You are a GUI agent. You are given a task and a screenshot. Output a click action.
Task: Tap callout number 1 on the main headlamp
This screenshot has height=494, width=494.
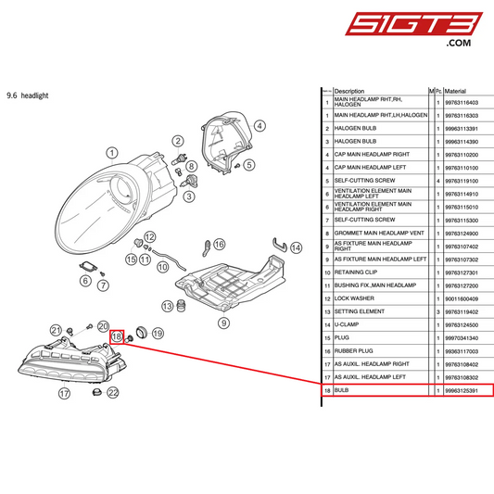coord(112,153)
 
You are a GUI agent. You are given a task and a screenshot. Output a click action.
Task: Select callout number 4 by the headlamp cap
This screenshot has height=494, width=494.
coord(260,125)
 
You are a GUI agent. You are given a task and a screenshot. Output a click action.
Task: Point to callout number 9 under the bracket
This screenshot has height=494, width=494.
coord(223,323)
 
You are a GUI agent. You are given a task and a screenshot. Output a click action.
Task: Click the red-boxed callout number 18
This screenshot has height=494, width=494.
coord(118,336)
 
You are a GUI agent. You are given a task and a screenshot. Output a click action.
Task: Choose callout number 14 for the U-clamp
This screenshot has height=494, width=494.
coord(297,247)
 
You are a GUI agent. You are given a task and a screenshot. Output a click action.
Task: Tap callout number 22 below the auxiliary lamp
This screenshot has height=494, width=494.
coord(113,393)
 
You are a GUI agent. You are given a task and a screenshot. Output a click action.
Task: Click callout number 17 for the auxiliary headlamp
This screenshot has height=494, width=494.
coord(65,393)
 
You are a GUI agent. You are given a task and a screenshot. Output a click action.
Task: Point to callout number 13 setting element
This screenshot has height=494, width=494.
coord(168,306)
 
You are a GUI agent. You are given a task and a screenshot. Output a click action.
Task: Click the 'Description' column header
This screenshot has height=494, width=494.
coord(349,91)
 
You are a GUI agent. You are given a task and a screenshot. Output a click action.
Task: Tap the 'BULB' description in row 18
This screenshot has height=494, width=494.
coord(341,391)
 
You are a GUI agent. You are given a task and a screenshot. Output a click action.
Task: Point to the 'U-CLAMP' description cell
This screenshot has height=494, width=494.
coord(348,325)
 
